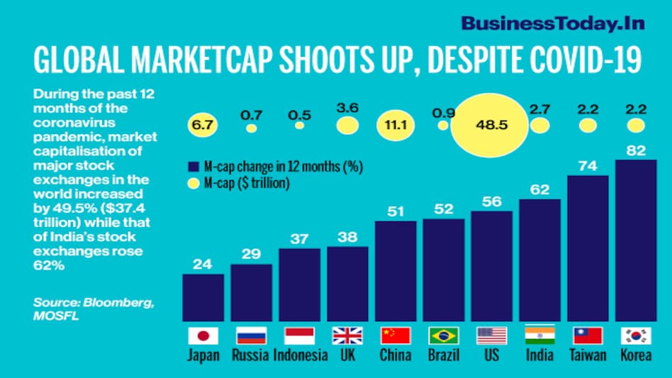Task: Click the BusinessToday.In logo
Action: pyautogui.click(x=553, y=23)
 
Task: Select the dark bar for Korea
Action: pyautogui.click(x=636, y=240)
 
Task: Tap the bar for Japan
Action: pyautogui.click(x=203, y=297)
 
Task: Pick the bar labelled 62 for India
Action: pyautogui.click(x=539, y=260)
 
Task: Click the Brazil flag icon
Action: pyautogui.click(x=444, y=335)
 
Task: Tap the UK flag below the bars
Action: pyautogui.click(x=347, y=335)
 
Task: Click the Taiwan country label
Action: pyautogui.click(x=588, y=355)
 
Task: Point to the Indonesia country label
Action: pyautogui.click(x=299, y=355)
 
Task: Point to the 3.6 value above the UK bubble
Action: pyautogui.click(x=347, y=108)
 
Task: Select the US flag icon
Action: pyautogui.click(x=491, y=335)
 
